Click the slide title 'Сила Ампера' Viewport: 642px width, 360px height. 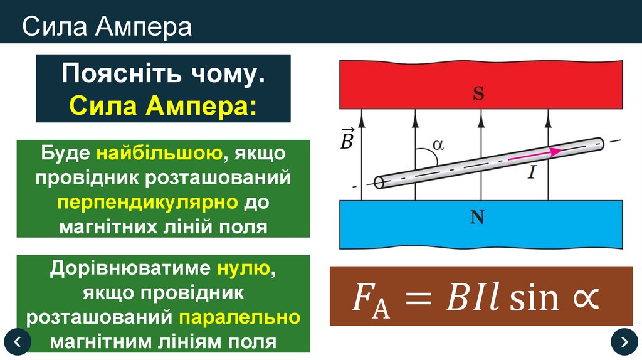(107, 27)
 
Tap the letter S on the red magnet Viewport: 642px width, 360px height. (478, 94)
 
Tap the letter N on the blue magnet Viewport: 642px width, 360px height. (478, 218)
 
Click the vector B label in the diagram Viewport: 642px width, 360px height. (347, 139)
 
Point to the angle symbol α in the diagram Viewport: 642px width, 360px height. (438, 145)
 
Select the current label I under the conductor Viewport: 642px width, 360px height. (531, 172)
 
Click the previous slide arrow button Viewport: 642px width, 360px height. (18, 341)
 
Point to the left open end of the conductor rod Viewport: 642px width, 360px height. (379, 183)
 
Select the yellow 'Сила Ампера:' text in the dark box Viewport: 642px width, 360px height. (163, 104)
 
